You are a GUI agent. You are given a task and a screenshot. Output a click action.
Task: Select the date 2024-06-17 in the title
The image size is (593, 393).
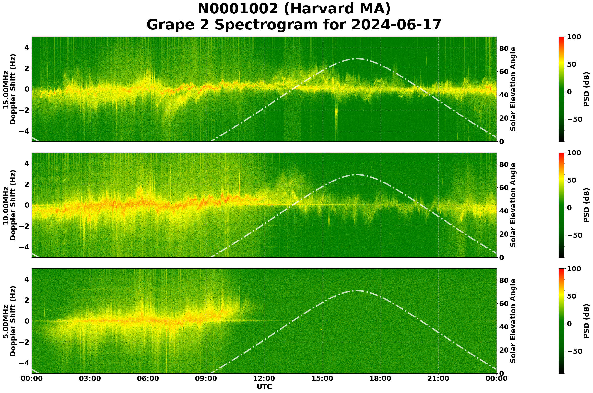click(396, 25)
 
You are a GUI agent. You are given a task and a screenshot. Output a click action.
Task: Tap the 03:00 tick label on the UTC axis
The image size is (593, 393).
click(90, 378)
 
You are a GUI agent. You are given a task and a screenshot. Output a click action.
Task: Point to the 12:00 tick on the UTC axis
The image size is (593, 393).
click(264, 378)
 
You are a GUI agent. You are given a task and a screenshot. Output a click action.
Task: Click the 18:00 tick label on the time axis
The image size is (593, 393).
click(380, 378)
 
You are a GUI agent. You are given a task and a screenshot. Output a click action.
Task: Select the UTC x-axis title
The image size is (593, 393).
click(264, 387)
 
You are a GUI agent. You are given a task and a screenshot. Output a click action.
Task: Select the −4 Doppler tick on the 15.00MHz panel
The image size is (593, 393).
click(26, 131)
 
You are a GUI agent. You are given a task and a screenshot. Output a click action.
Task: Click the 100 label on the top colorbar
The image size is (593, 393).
click(574, 37)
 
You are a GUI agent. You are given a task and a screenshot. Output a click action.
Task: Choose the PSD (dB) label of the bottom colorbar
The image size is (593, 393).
click(586, 321)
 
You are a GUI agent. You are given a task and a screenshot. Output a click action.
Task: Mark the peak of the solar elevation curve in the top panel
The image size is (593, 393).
click(356, 59)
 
